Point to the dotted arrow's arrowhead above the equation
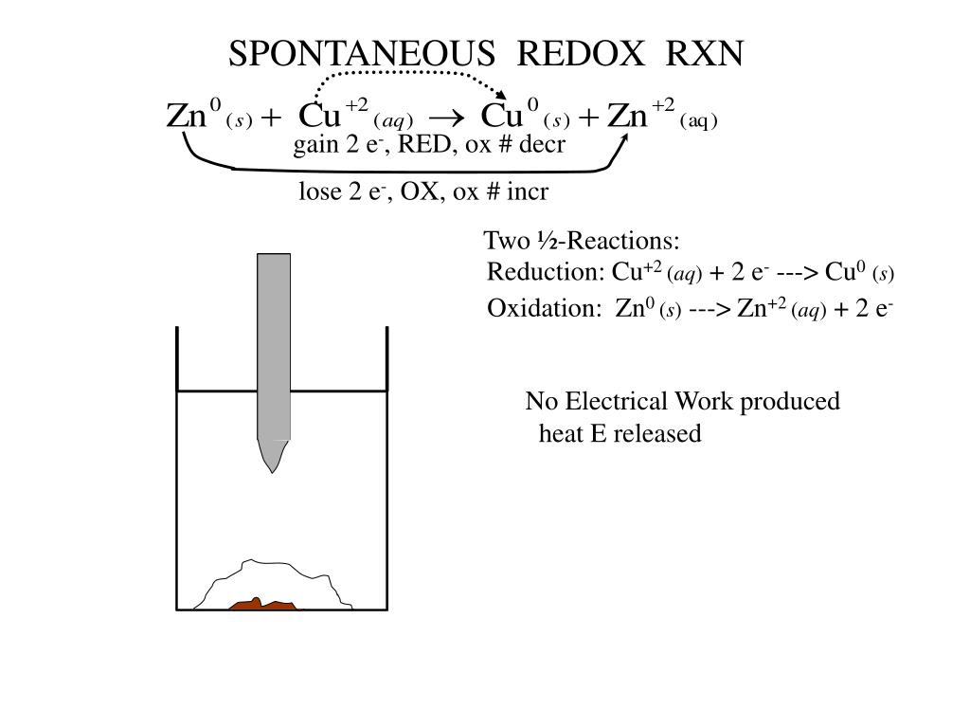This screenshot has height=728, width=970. [x=501, y=94]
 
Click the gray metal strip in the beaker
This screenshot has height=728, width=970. [x=274, y=351]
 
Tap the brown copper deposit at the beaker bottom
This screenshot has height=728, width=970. [x=263, y=604]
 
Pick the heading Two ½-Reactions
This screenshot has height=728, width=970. [x=582, y=241]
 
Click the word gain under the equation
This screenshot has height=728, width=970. [x=313, y=145]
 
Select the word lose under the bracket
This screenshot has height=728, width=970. [x=318, y=192]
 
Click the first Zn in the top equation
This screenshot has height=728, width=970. [x=187, y=117]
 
